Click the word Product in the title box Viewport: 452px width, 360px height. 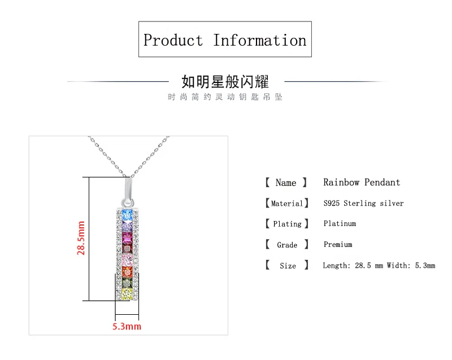click(x=173, y=41)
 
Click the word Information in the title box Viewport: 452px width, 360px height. click(x=259, y=41)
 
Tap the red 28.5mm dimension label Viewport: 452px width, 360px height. click(x=82, y=238)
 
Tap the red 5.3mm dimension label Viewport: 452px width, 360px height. click(x=127, y=326)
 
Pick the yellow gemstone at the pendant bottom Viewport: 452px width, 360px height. click(x=127, y=293)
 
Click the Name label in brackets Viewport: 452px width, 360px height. click(x=286, y=183)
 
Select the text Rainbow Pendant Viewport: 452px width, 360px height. click(x=362, y=182)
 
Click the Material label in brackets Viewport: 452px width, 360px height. click(x=286, y=203)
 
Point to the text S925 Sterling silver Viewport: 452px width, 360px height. click(x=363, y=203)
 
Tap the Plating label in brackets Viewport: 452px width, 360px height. click(x=287, y=224)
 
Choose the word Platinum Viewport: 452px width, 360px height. click(x=340, y=223)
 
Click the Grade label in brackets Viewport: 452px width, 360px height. click(x=287, y=245)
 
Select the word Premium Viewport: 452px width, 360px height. click(x=338, y=244)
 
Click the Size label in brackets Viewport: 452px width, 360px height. click(x=287, y=266)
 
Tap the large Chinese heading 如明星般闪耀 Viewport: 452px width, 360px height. click(x=225, y=81)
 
